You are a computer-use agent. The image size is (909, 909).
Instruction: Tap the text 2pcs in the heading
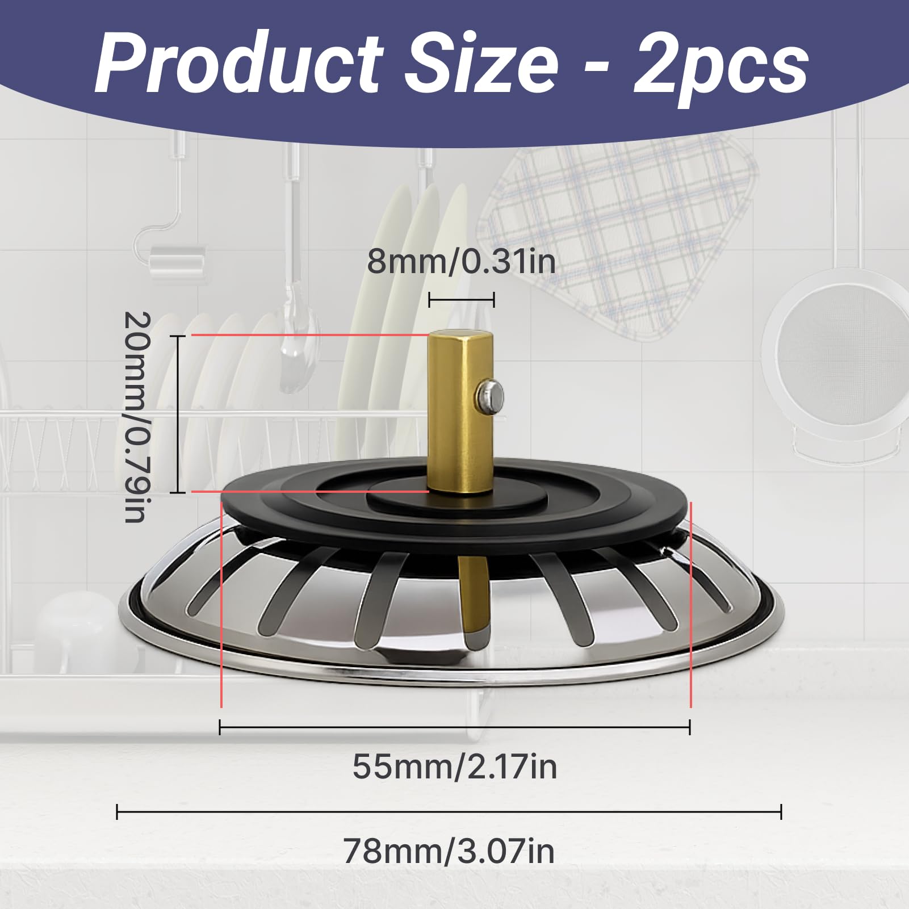pos(721,68)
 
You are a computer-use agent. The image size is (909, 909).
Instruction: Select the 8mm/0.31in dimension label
pos(461,262)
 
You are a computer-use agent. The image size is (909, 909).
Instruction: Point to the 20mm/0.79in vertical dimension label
pos(137,416)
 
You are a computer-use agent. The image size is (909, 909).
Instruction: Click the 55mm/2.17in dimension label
pos(455,766)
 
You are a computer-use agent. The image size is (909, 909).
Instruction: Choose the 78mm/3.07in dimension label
pos(449,851)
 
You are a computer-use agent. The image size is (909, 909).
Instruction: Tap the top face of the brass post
pos(460,336)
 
